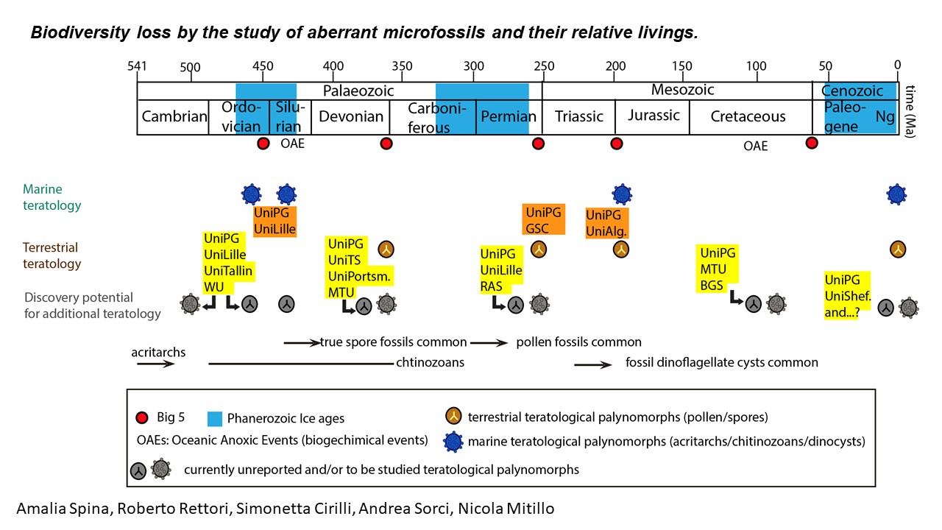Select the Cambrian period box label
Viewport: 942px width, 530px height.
174,116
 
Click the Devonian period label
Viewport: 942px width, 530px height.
351,116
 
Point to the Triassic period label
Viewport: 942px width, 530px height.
579,116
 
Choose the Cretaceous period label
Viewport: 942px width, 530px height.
748,116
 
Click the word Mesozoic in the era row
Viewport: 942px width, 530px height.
682,91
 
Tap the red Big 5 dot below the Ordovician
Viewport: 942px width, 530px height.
263,143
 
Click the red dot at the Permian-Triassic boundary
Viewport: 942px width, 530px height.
538,143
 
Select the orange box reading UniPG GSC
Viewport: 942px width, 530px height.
543,219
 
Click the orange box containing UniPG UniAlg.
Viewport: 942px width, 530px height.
607,222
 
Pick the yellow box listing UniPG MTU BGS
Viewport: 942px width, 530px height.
718,269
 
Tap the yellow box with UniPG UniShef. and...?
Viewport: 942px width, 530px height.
847,295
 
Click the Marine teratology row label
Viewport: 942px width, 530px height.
52,198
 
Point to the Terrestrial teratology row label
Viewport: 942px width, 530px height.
52,255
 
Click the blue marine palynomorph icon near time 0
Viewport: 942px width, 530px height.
896,194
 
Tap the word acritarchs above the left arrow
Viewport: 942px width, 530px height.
158,352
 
